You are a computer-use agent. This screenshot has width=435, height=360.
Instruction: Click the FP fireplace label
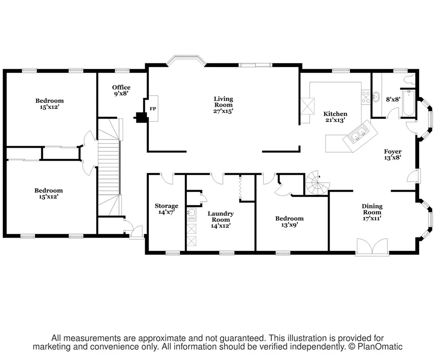coord(153,109)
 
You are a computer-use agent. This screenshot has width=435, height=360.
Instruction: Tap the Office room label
coord(121,88)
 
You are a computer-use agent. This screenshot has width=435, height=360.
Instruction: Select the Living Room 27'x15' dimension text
coord(223,111)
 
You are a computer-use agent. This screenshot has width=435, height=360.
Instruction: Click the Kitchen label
coord(335,114)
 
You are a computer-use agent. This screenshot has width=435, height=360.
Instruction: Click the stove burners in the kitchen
coord(366,97)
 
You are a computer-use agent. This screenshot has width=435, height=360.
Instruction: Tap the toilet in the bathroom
coord(409,79)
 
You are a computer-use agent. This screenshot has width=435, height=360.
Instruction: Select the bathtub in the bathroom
coord(408,103)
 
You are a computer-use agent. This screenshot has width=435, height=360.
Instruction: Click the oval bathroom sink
coord(376,97)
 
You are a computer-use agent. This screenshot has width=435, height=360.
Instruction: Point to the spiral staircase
coord(318,183)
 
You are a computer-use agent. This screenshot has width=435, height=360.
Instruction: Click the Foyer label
coord(393,152)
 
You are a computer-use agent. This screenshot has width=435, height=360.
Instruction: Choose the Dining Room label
coord(372,209)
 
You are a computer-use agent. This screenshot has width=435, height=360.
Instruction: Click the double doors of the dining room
coord(372,246)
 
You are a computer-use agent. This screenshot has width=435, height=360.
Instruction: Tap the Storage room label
coord(167,206)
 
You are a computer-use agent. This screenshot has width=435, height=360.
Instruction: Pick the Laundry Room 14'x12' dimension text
coord(220,226)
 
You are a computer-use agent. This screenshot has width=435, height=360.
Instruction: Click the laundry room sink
coord(192,213)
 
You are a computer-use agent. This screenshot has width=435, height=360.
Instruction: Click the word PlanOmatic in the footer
coord(380,347)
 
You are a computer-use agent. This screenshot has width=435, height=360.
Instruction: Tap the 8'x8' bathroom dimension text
coord(393,99)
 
